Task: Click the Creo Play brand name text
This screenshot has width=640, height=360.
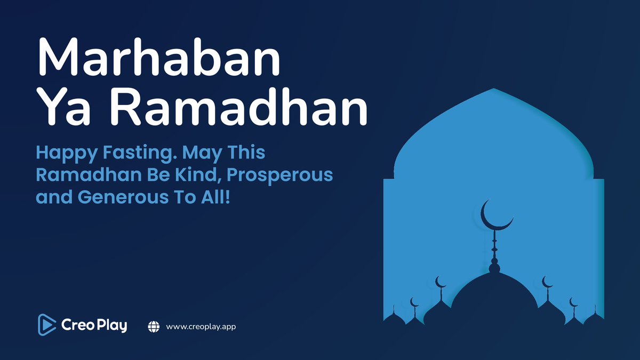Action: coord(94,325)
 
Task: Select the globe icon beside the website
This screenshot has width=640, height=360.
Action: coord(154,326)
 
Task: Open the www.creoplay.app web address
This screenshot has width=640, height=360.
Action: coord(201,326)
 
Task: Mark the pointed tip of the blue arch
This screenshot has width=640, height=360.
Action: coord(493,89)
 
